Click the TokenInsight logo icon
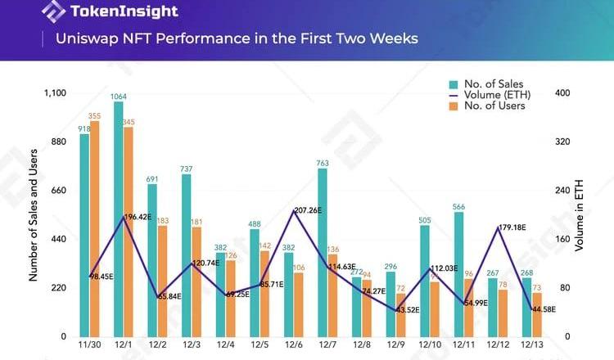point(54,11)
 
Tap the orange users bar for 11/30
point(95,228)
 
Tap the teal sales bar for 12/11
point(458,274)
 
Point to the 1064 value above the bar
point(119,96)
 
